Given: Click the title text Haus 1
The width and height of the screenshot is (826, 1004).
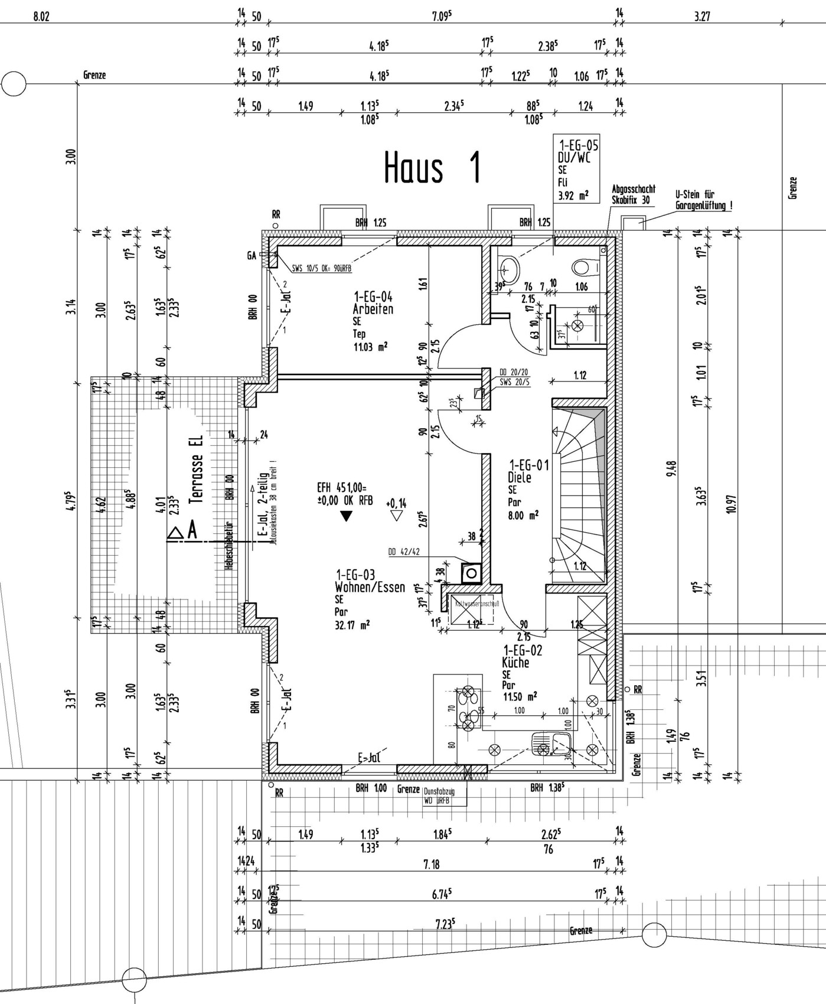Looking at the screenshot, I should [x=432, y=168].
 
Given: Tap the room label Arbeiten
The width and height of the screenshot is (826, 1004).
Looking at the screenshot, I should [x=373, y=309].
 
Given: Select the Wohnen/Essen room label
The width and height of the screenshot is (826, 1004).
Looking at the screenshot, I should [x=370, y=587].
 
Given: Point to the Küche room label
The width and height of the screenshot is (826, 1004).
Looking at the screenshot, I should [x=515, y=663].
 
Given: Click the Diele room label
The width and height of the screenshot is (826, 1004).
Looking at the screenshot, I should [x=520, y=477].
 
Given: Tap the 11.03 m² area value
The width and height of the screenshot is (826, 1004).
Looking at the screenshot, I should [x=370, y=347].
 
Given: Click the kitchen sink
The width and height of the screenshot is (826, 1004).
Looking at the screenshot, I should [x=550, y=744].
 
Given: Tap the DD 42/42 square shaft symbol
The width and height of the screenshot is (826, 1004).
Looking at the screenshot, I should [x=472, y=572].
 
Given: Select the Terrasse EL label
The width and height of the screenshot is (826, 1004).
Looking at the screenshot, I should [x=196, y=470].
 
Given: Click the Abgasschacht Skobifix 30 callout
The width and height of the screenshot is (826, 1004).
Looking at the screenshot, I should [x=633, y=195].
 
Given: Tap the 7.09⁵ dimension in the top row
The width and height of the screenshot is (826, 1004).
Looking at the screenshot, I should [x=442, y=16].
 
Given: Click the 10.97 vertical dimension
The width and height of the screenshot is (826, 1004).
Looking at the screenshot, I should [x=732, y=503].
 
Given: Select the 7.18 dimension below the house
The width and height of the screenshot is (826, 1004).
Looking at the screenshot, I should [x=432, y=864].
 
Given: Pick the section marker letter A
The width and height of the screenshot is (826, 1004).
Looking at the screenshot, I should [x=192, y=532].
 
